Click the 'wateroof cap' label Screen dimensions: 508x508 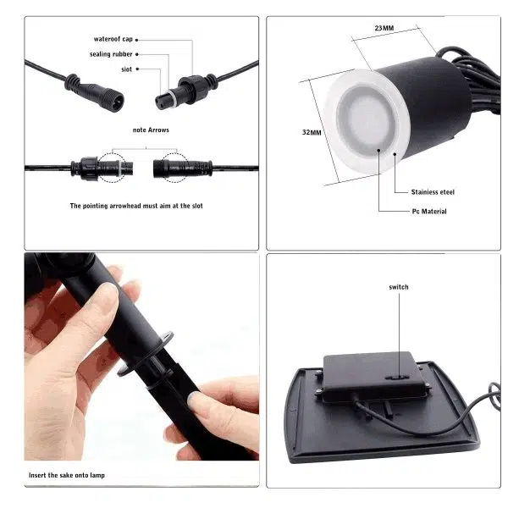click(x=113, y=39)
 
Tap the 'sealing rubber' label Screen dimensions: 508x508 click(x=110, y=54)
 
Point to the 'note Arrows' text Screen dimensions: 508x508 click(x=151, y=130)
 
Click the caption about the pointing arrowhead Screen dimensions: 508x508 click(x=135, y=206)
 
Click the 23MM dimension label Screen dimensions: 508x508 click(x=384, y=28)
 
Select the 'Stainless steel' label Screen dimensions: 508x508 click(x=433, y=192)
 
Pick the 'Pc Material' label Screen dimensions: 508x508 click(x=428, y=211)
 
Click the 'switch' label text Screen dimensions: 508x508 click(x=399, y=287)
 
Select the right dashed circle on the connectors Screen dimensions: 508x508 click(x=173, y=167)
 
